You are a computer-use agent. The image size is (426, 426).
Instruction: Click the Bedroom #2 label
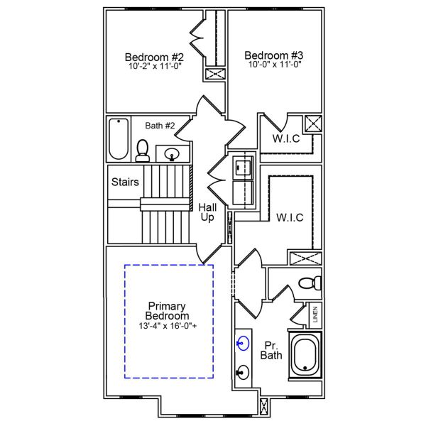tap(154, 57)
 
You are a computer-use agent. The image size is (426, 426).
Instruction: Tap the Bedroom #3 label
tap(274, 55)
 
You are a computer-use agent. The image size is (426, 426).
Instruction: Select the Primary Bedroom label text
tap(167, 311)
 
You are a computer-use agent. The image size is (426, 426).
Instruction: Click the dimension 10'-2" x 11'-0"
tap(154, 66)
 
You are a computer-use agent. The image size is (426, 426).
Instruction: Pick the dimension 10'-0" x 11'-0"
tap(274, 64)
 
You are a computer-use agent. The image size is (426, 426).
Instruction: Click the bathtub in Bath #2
tap(117, 138)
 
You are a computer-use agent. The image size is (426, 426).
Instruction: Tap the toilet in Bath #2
tap(143, 150)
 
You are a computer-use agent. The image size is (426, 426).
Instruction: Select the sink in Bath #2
tap(172, 153)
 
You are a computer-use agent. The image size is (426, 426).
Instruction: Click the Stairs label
tap(125, 182)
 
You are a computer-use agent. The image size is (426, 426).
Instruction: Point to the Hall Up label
tap(207, 212)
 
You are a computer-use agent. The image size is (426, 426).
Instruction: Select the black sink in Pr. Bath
tap(244, 371)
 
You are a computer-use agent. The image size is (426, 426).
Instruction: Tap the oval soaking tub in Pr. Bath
tap(305, 356)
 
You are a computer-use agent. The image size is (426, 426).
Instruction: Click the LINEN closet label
tap(315, 313)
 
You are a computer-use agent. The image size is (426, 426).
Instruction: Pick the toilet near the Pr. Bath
tap(309, 283)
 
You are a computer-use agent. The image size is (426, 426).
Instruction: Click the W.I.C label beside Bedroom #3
tap(287, 138)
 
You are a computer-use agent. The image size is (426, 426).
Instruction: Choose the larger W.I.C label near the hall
tap(290, 217)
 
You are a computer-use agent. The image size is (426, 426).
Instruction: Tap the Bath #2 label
tap(160, 126)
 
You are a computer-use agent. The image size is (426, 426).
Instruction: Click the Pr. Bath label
tap(271, 348)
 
